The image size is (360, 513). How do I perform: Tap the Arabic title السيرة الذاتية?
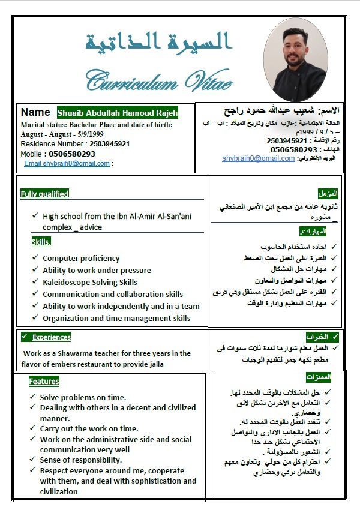158,41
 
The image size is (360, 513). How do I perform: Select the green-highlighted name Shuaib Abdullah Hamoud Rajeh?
118,113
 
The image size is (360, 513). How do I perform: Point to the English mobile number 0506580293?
71,154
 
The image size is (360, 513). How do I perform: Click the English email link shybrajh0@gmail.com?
67,163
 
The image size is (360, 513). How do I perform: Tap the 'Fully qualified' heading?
44,194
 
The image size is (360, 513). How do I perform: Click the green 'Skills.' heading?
41,242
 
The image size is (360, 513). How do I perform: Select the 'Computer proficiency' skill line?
81,258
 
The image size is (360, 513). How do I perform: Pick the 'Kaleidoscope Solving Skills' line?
89,282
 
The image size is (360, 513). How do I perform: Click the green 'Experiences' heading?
51,337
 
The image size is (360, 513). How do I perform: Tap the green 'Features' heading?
44,381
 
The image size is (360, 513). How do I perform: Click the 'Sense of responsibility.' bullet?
81,460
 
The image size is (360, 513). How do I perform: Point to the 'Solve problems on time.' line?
83,397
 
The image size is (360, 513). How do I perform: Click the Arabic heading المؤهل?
328,193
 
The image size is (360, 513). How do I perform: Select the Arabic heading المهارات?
313,231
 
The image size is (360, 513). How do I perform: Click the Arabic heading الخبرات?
318,337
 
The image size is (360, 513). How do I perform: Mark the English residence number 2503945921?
110,144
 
